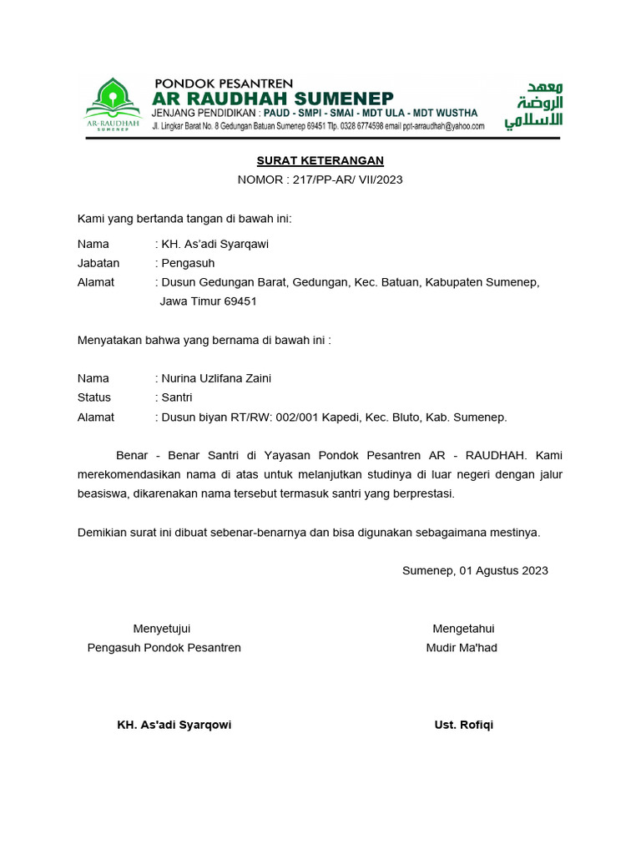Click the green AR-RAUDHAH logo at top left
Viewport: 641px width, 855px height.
[114, 104]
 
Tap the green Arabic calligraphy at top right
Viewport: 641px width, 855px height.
[533, 105]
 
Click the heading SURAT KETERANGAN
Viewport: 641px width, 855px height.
[320, 161]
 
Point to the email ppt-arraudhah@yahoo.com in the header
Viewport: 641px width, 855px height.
[443, 126]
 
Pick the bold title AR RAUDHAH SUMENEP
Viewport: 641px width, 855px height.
[273, 99]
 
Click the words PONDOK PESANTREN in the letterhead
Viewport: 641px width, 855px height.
[224, 83]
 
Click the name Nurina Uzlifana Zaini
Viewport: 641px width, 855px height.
[215, 378]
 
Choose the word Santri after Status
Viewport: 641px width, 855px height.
[176, 397]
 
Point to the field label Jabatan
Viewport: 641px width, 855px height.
[98, 263]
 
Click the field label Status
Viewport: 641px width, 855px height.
[94, 397]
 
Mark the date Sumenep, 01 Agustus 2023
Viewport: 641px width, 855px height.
[475, 570]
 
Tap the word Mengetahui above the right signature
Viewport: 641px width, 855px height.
[462, 629]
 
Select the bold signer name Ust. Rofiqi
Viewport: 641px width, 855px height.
[463, 725]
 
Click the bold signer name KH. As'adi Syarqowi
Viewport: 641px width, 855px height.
[174, 725]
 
